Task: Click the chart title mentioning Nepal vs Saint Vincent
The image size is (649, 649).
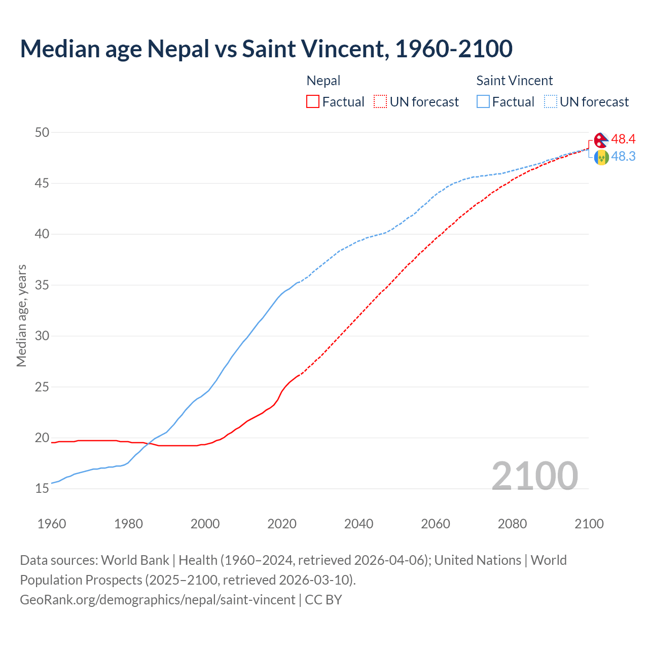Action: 266,49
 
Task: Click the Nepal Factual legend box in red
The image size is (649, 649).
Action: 313,101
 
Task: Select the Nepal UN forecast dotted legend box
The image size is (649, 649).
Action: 380,101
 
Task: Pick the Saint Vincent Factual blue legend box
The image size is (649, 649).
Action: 483,101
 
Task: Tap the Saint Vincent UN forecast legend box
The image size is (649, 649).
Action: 551,101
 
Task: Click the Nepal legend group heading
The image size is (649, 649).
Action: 323,81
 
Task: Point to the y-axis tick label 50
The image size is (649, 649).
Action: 42,132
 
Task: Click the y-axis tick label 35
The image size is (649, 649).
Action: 42,285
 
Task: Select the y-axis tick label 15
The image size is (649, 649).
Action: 42,489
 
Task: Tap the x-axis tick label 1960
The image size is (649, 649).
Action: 52,524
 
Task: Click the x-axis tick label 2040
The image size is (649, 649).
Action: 358,524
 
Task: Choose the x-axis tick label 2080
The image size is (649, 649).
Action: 512,524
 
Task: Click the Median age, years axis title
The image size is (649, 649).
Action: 21,315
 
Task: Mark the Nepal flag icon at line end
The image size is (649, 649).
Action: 601,140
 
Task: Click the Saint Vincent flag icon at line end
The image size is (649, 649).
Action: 601,157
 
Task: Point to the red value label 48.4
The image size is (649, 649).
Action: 623,139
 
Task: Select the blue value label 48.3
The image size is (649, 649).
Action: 623,156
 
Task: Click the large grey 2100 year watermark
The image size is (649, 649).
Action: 535,476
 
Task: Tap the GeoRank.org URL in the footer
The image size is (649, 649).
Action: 157,600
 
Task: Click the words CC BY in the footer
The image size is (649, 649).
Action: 323,600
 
